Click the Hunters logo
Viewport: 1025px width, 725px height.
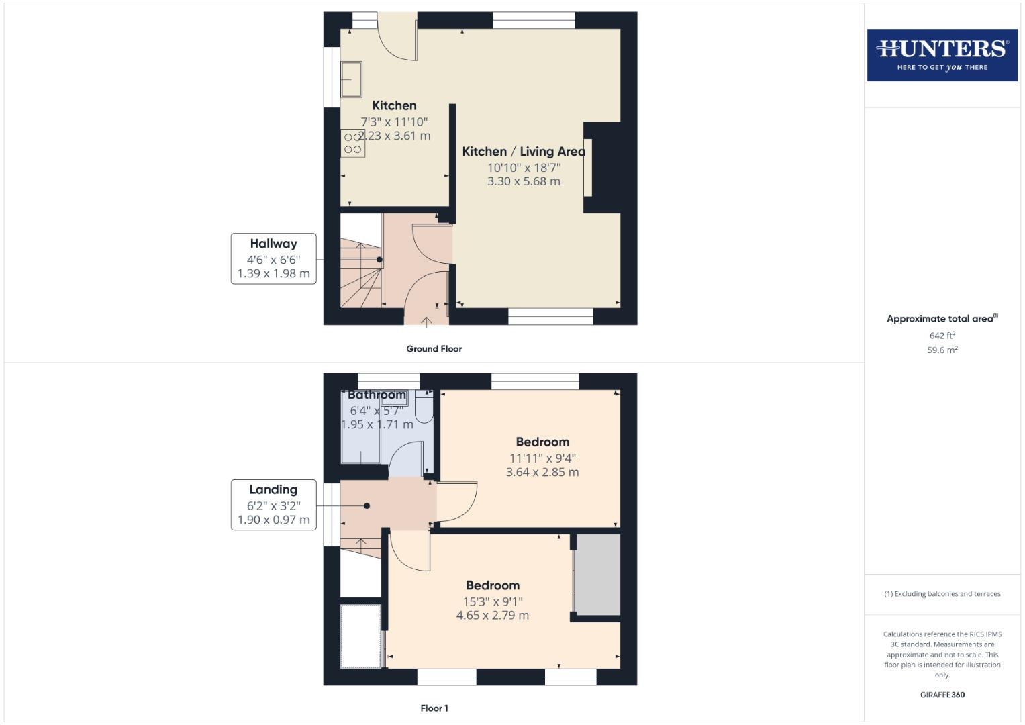click(942, 54)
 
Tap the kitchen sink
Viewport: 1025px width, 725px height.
click(351, 79)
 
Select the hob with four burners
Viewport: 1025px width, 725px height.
click(353, 143)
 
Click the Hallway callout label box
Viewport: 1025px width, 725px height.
click(273, 258)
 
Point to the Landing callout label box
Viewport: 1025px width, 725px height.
click(273, 505)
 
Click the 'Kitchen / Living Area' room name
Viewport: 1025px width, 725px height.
click(524, 152)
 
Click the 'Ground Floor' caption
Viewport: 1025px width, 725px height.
click(434, 349)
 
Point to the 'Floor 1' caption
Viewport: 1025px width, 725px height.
click(434, 708)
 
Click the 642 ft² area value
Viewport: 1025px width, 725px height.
click(942, 336)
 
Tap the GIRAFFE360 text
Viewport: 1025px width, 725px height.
click(942, 695)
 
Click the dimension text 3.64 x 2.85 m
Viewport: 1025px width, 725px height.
click(542, 472)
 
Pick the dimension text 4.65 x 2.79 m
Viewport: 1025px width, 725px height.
click(492, 616)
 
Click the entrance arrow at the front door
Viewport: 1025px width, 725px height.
click(426, 322)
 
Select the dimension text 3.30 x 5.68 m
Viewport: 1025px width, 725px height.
click(524, 181)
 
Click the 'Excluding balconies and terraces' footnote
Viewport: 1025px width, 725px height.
click(942, 594)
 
